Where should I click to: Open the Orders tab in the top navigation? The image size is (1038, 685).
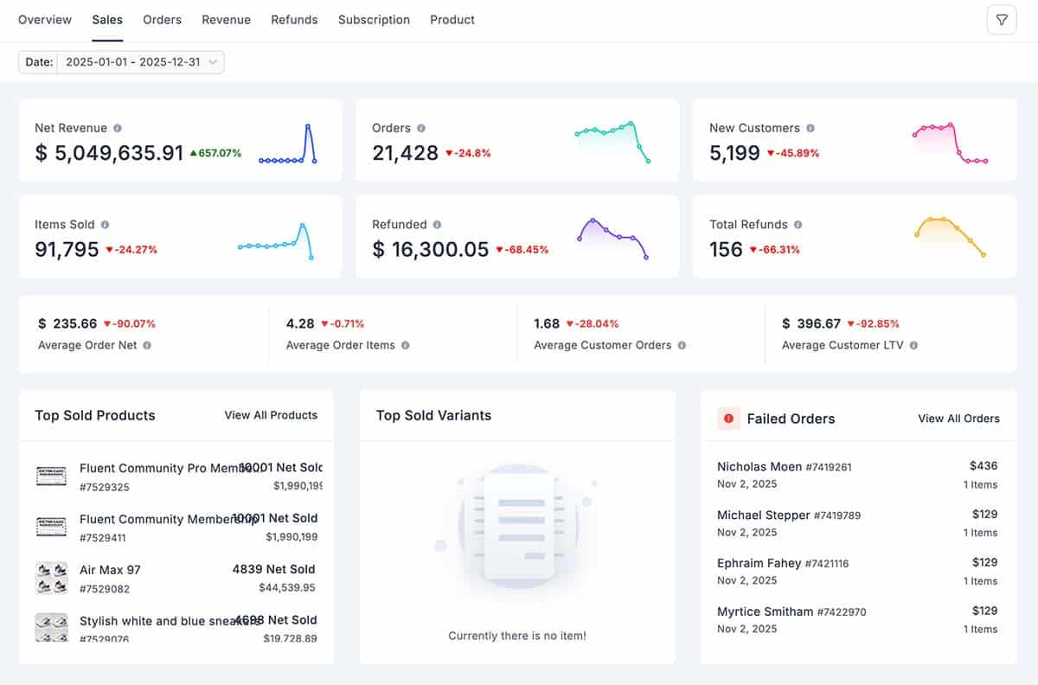(x=162, y=19)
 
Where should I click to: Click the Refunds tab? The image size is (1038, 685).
(x=294, y=19)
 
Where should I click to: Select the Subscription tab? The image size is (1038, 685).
(x=374, y=19)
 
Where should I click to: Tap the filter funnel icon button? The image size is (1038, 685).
(x=1002, y=20)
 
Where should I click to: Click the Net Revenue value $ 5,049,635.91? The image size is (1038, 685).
(x=109, y=153)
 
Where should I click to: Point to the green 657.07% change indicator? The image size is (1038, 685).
(x=215, y=153)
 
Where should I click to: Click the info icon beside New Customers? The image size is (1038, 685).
(x=811, y=128)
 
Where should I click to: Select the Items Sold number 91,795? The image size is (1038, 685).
(x=67, y=250)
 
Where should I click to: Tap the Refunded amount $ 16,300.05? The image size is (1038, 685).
(x=430, y=250)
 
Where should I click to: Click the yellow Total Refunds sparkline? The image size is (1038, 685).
(x=950, y=236)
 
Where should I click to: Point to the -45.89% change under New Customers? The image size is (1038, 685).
(x=792, y=153)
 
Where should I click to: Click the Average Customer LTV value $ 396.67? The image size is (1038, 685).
(x=811, y=323)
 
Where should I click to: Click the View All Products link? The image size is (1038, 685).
(x=271, y=415)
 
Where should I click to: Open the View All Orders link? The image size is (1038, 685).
(x=958, y=419)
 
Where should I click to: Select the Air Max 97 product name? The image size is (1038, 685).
(x=110, y=570)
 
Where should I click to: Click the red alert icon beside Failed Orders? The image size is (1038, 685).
(x=728, y=419)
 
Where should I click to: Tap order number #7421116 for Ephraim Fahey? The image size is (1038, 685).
(x=827, y=564)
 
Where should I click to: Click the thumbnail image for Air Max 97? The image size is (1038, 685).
(x=51, y=578)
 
